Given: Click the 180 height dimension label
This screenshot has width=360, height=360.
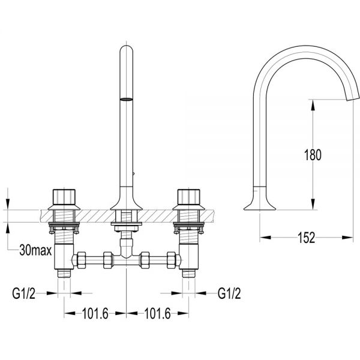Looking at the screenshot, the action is [313, 155].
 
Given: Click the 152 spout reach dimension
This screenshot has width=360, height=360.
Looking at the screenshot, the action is [306, 238].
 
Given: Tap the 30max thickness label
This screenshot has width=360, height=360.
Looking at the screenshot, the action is [35, 250].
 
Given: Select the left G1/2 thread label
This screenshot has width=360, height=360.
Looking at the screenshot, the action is [23, 293].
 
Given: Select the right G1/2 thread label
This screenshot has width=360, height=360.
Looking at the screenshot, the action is [229, 293].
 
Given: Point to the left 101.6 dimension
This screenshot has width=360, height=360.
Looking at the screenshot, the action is [95, 313].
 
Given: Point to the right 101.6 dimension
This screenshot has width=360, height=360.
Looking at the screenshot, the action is [157, 313].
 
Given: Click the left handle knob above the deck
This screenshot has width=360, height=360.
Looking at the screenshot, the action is [64, 197].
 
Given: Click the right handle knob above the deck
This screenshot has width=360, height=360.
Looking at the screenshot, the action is [189, 197].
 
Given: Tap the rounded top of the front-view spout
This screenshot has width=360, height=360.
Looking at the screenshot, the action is [126, 49].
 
